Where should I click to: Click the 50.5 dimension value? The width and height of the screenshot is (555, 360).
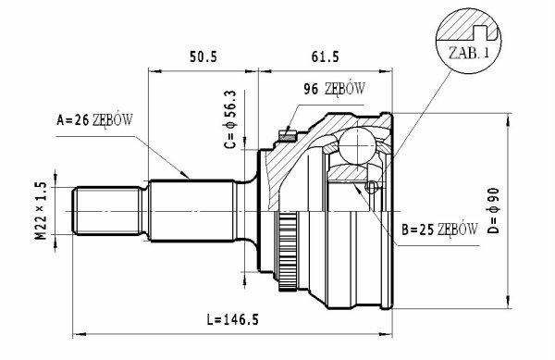(203, 56)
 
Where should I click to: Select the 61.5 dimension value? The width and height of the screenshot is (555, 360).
(325, 56)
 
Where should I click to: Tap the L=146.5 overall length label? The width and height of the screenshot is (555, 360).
(232, 319)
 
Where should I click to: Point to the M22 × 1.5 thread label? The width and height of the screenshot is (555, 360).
(41, 211)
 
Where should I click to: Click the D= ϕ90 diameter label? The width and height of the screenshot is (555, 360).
(493, 211)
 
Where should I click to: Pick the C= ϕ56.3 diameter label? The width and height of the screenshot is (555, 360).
(230, 119)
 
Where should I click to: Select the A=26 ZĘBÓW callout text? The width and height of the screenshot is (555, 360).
(94, 120)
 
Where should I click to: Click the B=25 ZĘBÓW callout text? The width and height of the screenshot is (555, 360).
(439, 230)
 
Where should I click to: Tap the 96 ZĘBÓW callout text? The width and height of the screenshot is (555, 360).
(334, 89)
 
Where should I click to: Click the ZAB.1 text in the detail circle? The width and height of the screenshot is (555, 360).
(469, 53)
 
